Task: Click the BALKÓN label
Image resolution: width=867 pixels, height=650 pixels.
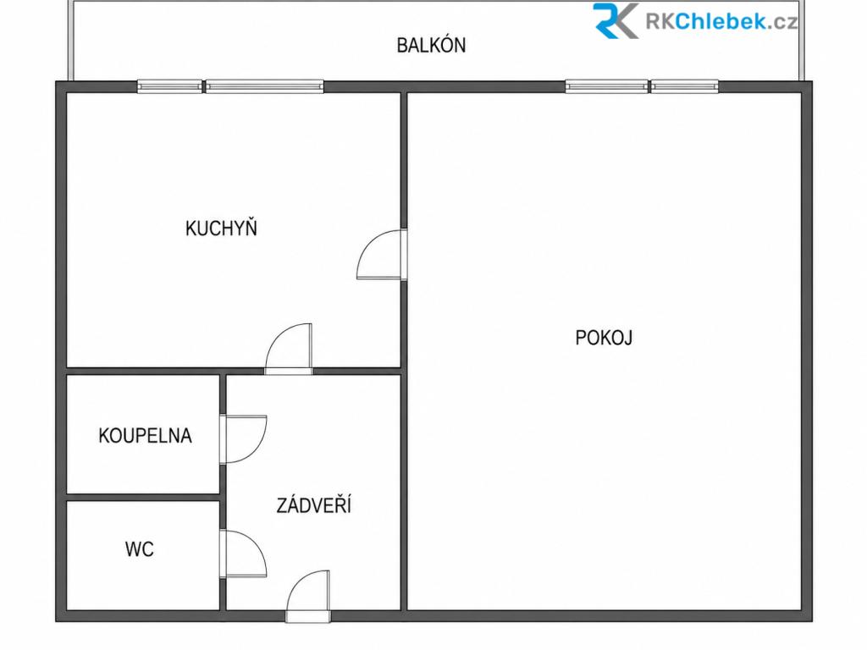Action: (x=431, y=45)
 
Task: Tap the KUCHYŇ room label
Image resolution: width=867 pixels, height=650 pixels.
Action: (x=221, y=228)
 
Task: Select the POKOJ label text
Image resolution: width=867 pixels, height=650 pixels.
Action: (x=604, y=337)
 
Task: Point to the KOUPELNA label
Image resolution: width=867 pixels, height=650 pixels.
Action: (x=145, y=436)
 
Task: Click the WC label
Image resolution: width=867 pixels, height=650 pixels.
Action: (x=140, y=548)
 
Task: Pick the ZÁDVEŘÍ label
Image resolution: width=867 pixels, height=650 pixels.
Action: (x=313, y=504)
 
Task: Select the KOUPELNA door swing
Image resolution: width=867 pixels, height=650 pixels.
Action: (x=243, y=439)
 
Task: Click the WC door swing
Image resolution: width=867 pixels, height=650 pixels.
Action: (x=243, y=554)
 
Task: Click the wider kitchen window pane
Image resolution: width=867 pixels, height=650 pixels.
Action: (x=264, y=86)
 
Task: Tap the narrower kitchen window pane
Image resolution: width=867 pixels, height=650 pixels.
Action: (x=169, y=86)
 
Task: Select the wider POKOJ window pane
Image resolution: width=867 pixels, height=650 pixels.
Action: (x=606, y=86)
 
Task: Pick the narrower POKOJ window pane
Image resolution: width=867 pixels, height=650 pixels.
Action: (x=684, y=86)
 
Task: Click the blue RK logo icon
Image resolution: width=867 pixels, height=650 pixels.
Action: (x=616, y=20)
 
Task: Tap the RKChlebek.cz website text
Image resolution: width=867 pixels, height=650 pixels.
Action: (x=721, y=21)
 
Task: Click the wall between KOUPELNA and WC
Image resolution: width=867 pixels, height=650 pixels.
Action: (x=143, y=498)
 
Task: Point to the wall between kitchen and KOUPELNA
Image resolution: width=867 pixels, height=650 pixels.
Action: (x=143, y=371)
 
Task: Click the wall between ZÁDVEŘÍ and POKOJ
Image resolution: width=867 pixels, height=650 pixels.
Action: (x=404, y=492)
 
